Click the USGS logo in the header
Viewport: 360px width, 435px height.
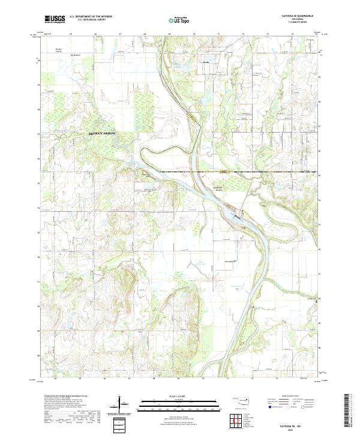pyautogui.click(x=55, y=19)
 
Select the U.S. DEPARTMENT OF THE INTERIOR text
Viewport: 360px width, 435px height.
pyautogui.click(x=91, y=17)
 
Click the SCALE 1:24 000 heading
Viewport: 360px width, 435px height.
pyautogui.click(x=179, y=394)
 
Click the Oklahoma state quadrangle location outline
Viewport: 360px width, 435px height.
pyautogui.click(x=242, y=399)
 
